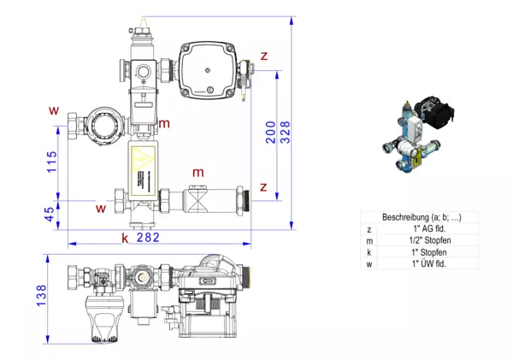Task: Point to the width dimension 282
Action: (x=146, y=237)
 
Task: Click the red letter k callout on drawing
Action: (x=125, y=237)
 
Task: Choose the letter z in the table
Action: (x=369, y=229)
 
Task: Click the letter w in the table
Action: (x=369, y=263)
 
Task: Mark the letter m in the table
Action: (x=369, y=240)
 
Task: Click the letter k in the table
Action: (x=369, y=252)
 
